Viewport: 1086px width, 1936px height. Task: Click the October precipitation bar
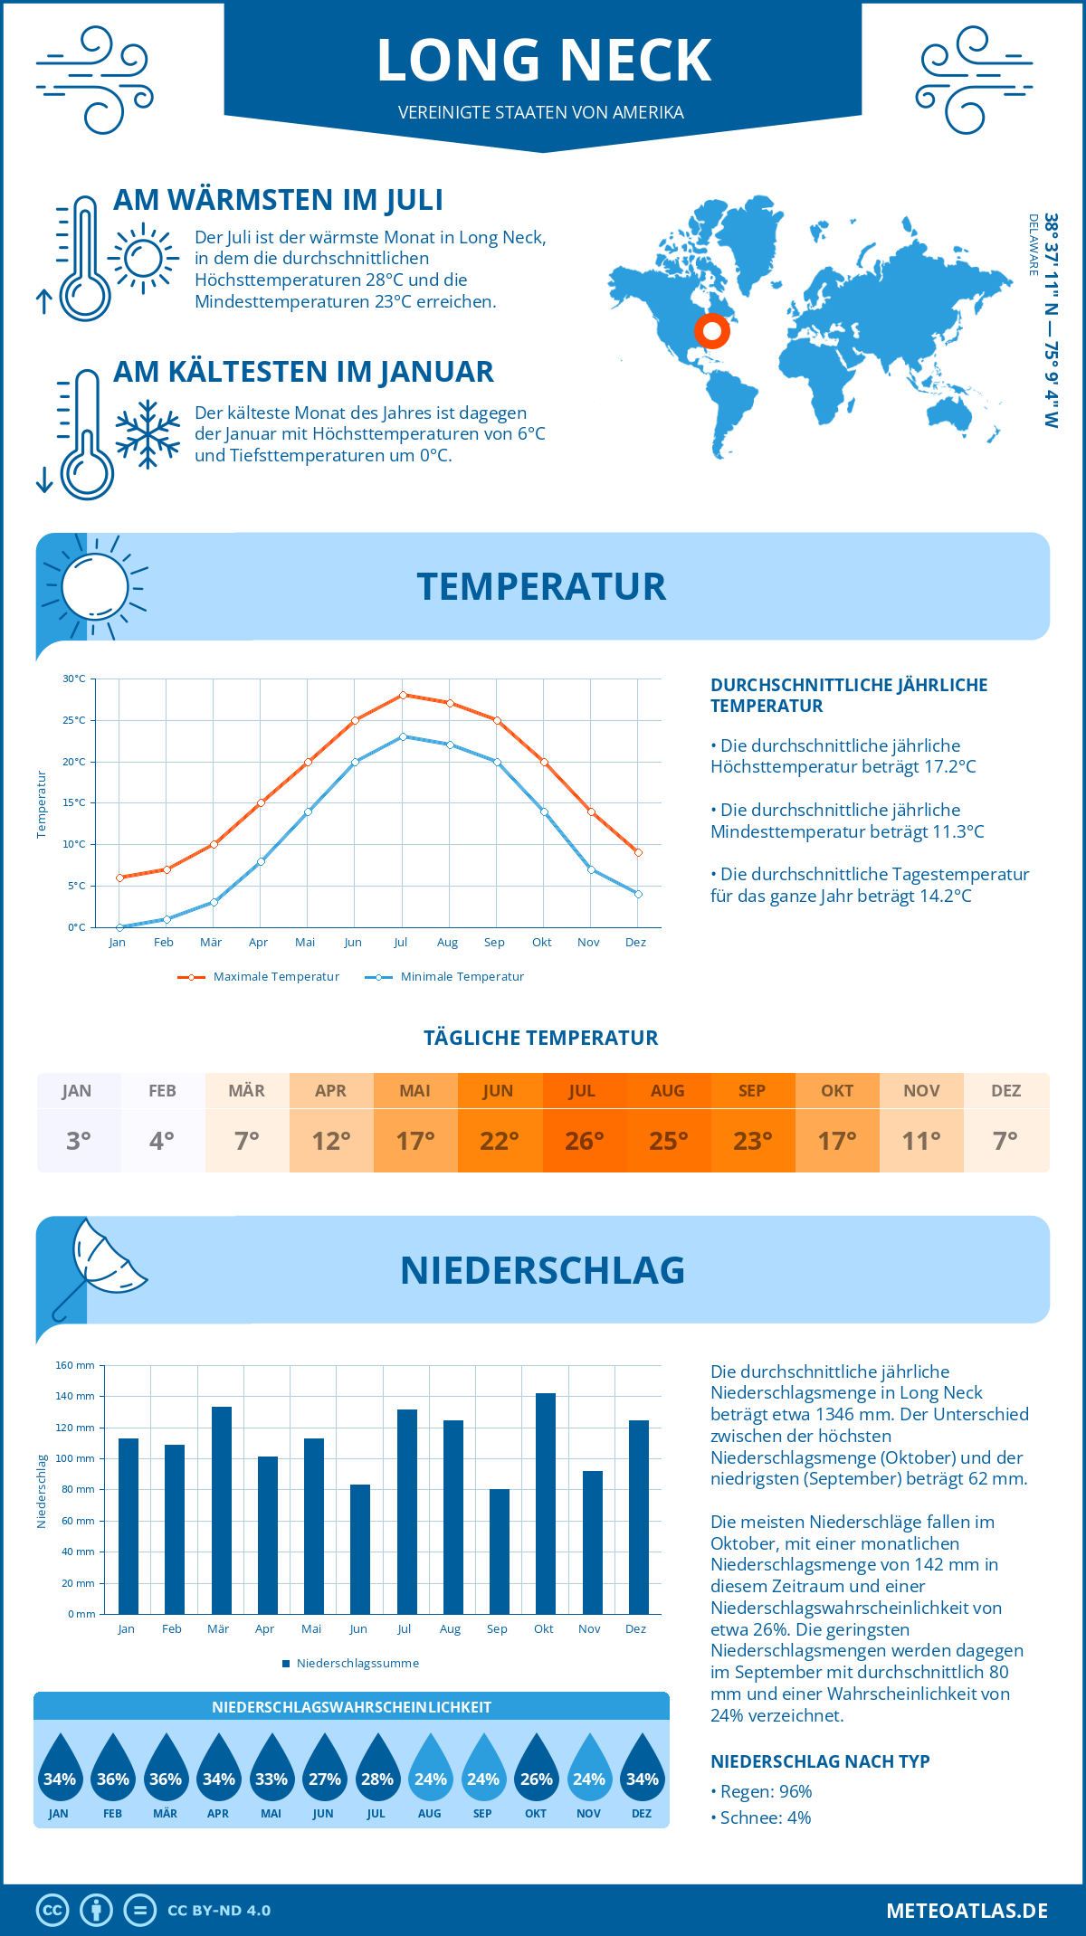click(x=545, y=1504)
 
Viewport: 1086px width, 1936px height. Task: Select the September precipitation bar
click(x=499, y=1552)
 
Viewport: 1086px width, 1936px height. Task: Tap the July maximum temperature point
click(x=403, y=695)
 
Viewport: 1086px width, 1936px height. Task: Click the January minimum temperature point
click(x=119, y=927)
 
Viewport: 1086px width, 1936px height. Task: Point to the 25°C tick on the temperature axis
click(x=74, y=720)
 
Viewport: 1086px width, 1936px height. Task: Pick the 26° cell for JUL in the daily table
click(x=584, y=1141)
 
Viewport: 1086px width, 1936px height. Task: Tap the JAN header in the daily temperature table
click(x=77, y=1091)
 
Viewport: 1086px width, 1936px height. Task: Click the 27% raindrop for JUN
click(x=324, y=1779)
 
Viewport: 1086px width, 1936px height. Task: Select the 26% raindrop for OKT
click(x=536, y=1779)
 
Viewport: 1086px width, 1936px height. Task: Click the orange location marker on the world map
click(x=712, y=331)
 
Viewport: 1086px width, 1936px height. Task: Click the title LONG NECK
click(x=543, y=61)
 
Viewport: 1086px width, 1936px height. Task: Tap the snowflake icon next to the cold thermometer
click(x=148, y=434)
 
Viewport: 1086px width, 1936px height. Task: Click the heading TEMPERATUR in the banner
click(x=541, y=586)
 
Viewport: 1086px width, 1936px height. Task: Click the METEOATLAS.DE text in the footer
click(x=967, y=1911)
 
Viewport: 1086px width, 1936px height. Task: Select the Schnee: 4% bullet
click(x=761, y=1817)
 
